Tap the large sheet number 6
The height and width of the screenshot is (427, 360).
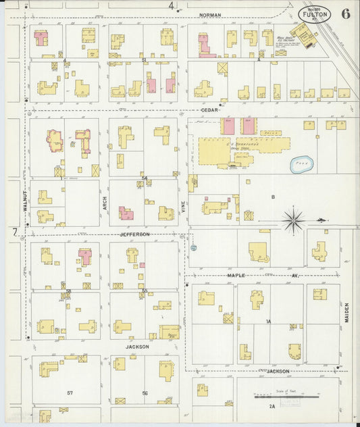point(345,14)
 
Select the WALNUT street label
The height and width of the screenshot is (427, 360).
point(25,201)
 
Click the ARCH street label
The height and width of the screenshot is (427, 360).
point(105,201)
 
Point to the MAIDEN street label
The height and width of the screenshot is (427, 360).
point(347,311)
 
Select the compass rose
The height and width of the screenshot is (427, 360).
point(294,219)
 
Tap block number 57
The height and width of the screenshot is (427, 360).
point(70,393)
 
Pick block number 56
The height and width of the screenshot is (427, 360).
point(144,393)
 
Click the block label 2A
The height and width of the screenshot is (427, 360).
point(272,407)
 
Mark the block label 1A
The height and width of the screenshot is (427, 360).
point(268,322)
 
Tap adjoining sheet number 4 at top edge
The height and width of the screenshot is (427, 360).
point(171,6)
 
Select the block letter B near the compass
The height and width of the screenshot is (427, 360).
point(274,197)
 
